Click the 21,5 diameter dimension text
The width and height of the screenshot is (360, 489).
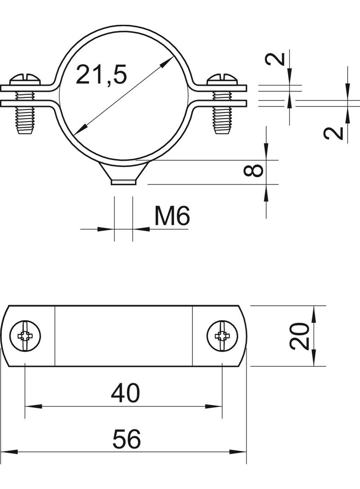[101, 74]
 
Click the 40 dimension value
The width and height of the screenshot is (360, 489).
[125, 393]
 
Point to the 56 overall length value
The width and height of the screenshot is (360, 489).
[126, 439]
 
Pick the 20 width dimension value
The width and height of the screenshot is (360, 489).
[299, 336]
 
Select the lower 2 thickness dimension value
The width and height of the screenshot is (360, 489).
[333, 133]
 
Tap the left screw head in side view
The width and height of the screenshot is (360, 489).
[25, 79]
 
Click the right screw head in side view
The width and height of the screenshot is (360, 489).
[223, 79]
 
